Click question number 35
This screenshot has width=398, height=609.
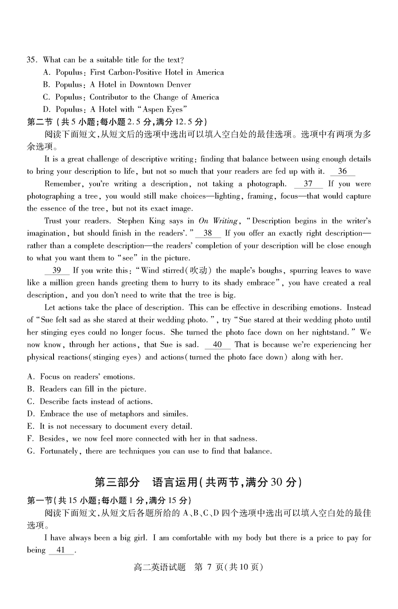click(32, 60)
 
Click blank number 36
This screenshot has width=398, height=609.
click(342, 171)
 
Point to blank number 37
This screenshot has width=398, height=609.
click(308, 184)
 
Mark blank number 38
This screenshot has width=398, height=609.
click(207, 233)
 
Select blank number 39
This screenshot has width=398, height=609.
click(57, 270)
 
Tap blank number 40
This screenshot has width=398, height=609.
click(217, 345)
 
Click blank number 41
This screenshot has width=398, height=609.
click(61, 550)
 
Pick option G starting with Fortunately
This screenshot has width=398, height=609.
click(149, 451)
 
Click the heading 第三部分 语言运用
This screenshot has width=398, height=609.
click(198, 482)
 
